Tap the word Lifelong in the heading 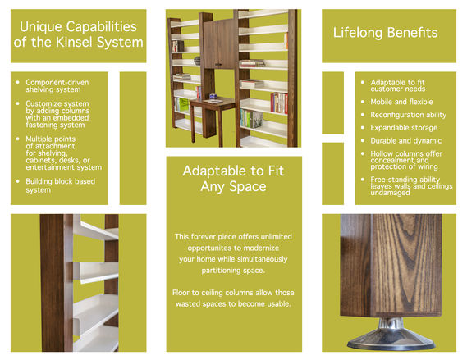pyautogui.click(x=357, y=33)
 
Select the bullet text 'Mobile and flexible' pyautogui.click(x=401, y=102)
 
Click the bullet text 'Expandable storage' pyautogui.click(x=404, y=128)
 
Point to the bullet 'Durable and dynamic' pyautogui.click(x=406, y=141)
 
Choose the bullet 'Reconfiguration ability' pyautogui.click(x=409, y=115)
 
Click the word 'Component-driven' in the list pyautogui.click(x=57, y=82)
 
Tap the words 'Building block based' pyautogui.click(x=60, y=181)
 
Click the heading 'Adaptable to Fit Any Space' pyautogui.click(x=233, y=179)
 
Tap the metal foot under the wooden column pyautogui.click(x=391, y=335)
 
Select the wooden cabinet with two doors pyautogui.click(x=220, y=43)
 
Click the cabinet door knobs pyautogui.click(x=218, y=64)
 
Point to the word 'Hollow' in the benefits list pyautogui.click(x=382, y=153)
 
